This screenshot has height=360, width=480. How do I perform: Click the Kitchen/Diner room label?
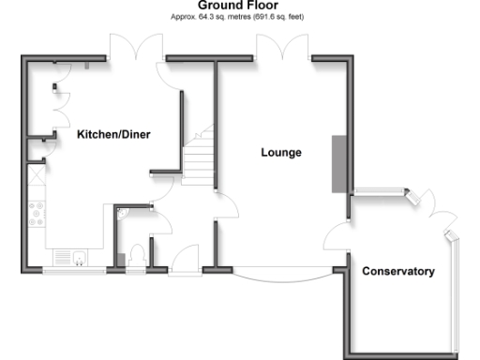113,134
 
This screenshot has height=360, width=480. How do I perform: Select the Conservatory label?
398,272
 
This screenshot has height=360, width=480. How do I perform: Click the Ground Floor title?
236,6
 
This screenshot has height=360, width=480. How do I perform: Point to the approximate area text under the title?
236,17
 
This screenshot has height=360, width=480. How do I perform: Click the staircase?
199,159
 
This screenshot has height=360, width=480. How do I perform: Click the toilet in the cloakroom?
137,253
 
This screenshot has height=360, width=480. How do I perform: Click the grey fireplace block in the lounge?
337,164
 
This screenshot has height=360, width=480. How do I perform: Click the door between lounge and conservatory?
337,235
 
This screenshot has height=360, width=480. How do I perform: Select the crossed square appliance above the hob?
37,174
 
